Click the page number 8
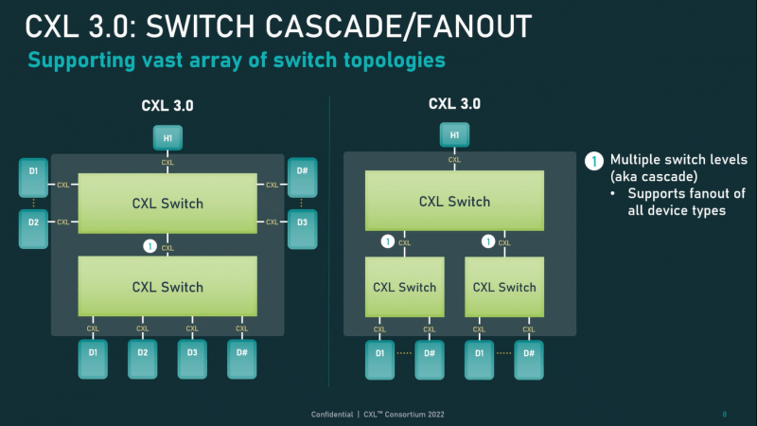724,414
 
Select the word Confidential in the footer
335,414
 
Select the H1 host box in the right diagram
454,136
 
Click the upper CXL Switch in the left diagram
167,204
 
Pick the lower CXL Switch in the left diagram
167,286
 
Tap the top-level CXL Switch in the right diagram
454,201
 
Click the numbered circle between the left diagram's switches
148,246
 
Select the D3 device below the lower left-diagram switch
192,359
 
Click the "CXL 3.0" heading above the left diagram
167,106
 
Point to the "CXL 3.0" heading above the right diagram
454,103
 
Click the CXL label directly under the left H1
167,163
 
